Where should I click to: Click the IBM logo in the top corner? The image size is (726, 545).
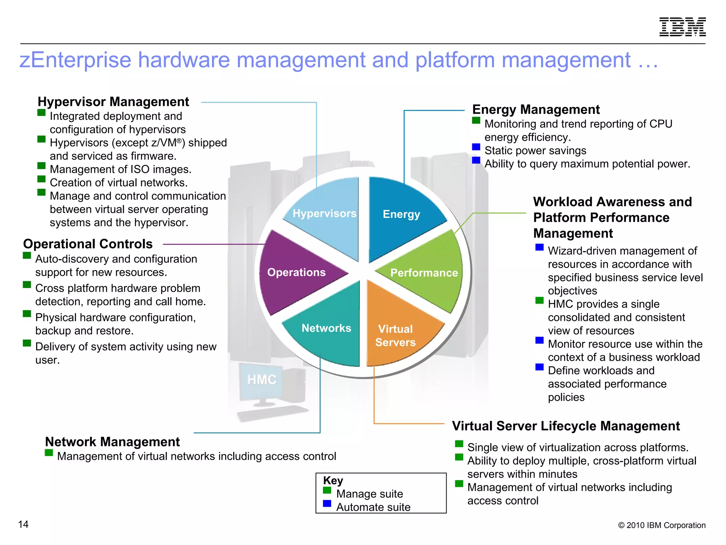click(x=682, y=27)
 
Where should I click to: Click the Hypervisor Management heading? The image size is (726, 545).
click(x=113, y=102)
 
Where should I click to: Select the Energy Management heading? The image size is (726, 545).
click(x=536, y=110)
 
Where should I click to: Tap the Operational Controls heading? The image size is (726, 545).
click(x=88, y=244)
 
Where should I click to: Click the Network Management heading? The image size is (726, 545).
click(x=112, y=442)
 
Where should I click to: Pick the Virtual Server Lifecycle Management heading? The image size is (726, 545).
click(x=566, y=426)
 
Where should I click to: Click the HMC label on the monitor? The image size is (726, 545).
click(x=262, y=380)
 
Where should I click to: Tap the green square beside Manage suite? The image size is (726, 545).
click(x=327, y=490)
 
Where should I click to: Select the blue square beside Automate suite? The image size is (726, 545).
click(x=327, y=503)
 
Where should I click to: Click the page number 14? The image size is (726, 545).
click(x=23, y=524)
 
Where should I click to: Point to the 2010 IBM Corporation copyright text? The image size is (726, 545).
click(x=661, y=525)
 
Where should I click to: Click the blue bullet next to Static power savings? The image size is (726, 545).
click(x=476, y=147)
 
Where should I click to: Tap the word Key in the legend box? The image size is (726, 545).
click(x=333, y=480)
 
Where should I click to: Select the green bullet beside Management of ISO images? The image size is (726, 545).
click(x=41, y=166)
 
